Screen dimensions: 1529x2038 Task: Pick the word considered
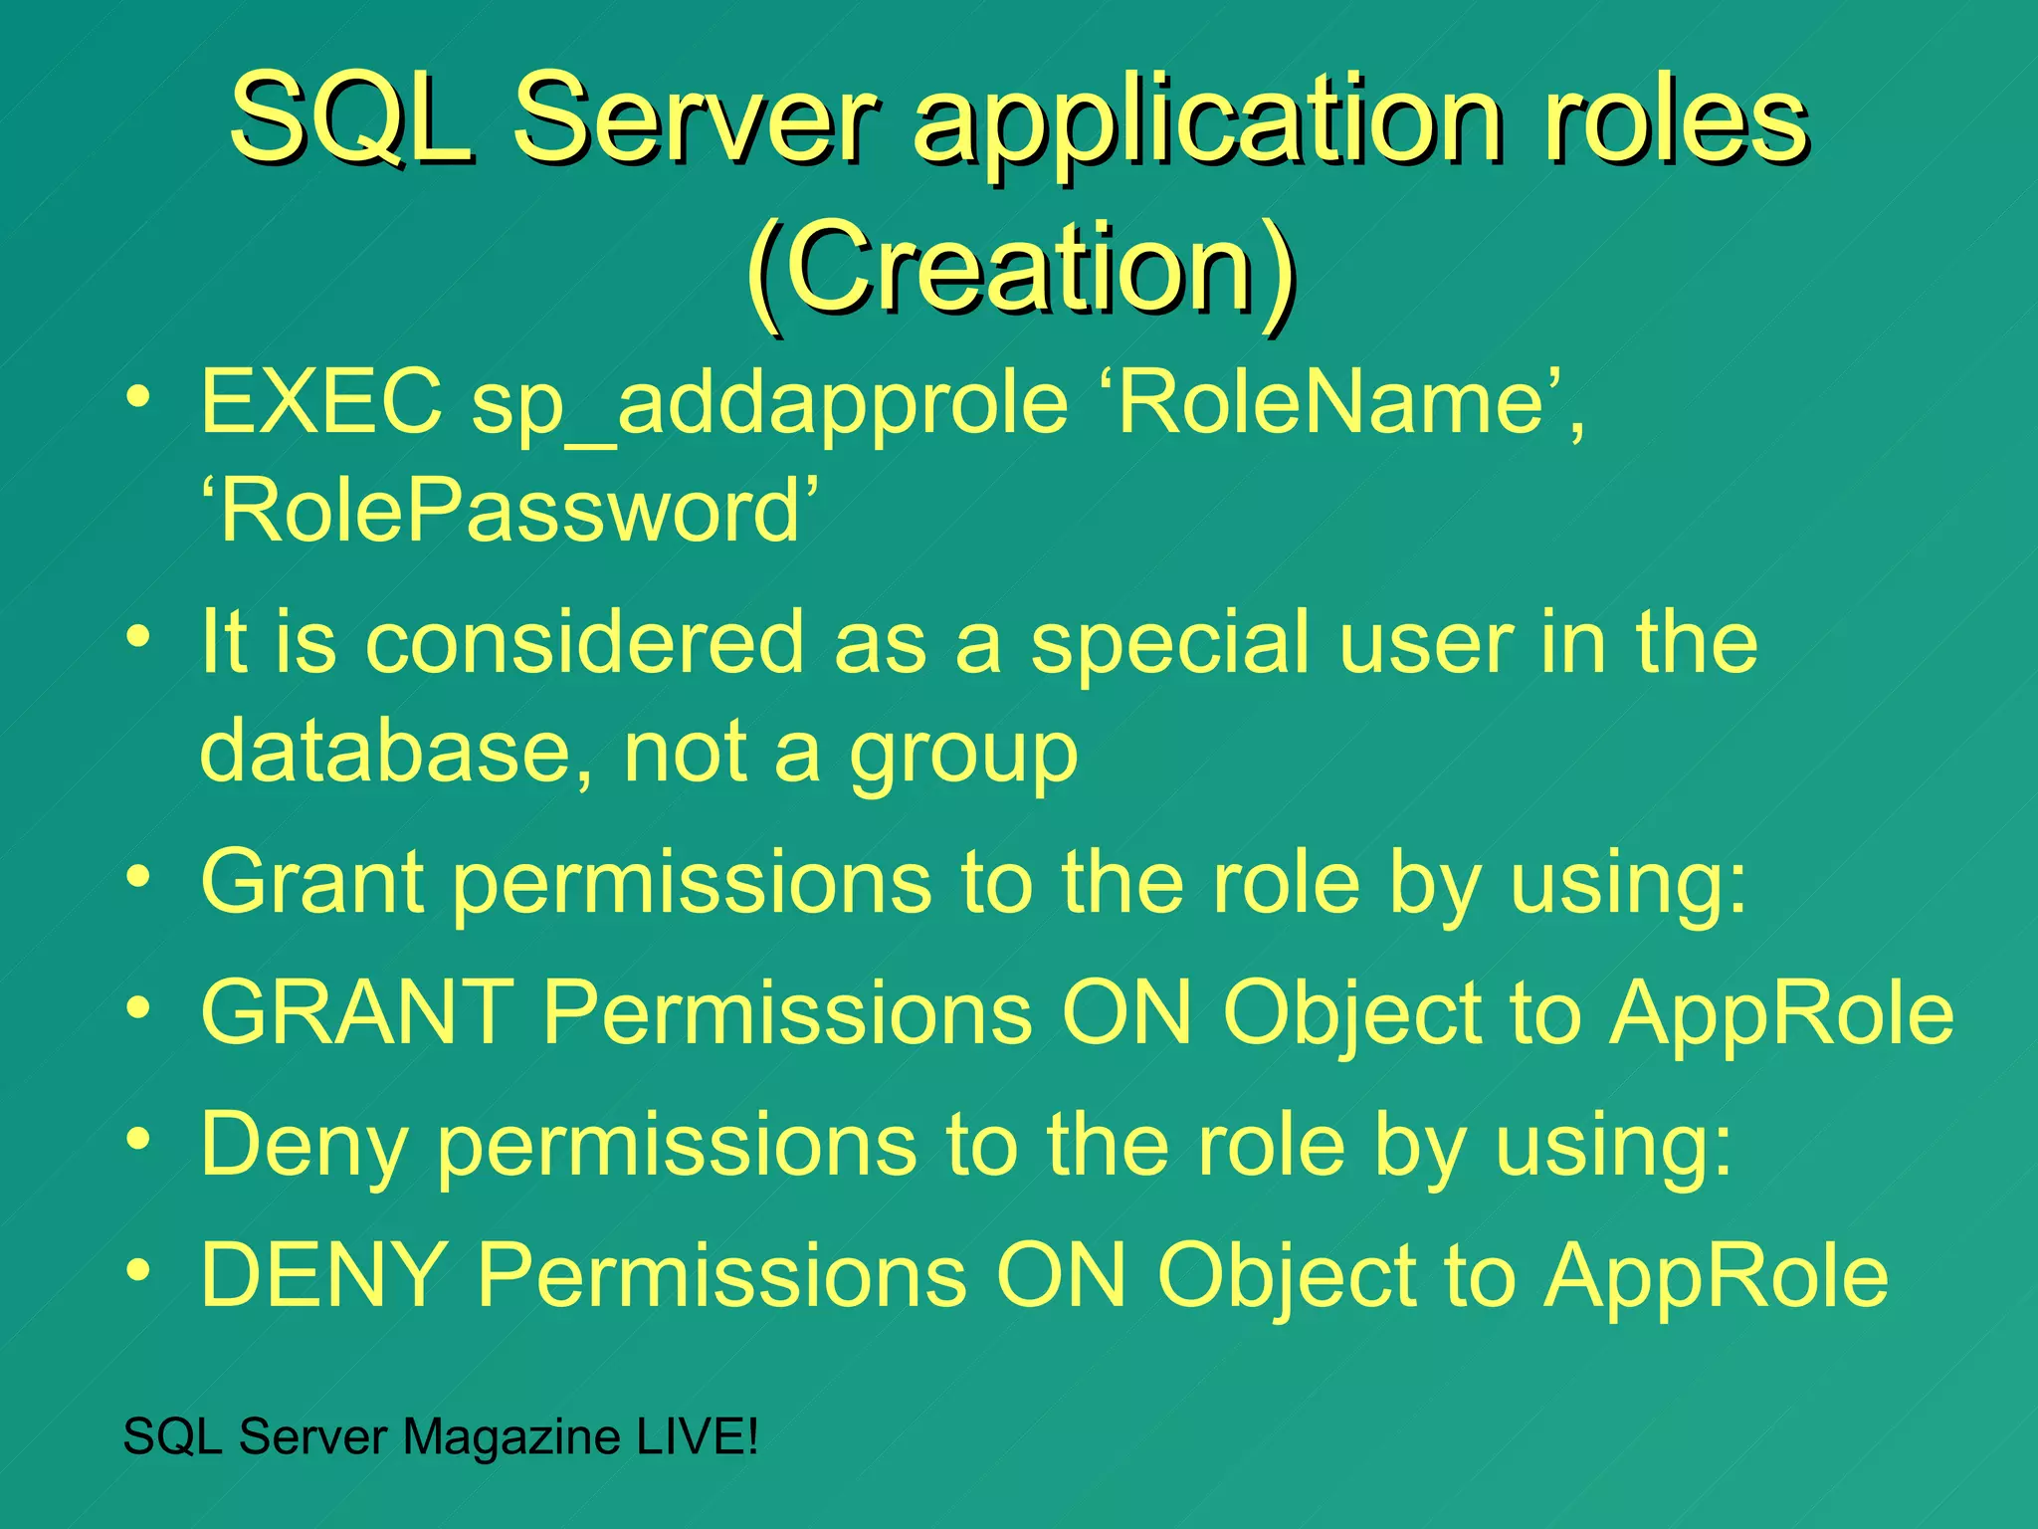click(584, 642)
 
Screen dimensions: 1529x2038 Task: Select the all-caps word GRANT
click(357, 1012)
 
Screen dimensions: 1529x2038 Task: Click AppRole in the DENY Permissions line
click(1717, 1278)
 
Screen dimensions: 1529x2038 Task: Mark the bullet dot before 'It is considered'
click(138, 634)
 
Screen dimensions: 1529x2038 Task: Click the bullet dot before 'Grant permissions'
click(138, 875)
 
